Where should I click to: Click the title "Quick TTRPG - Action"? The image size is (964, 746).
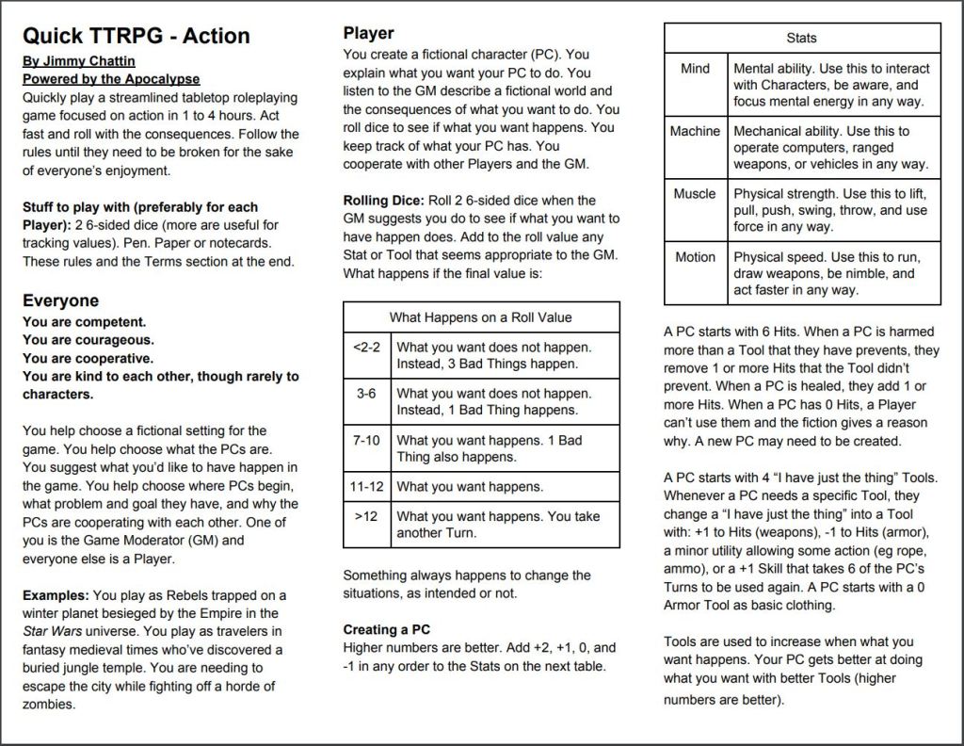click(x=137, y=36)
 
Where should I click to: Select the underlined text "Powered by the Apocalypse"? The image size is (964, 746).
click(x=111, y=79)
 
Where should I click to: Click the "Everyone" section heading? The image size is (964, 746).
click(x=60, y=300)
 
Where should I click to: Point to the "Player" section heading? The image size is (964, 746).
click(x=368, y=34)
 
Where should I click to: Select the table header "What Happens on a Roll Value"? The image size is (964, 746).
click(x=480, y=317)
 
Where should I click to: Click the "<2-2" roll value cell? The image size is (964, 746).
click(x=366, y=347)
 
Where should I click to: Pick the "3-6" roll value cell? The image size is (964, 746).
click(x=366, y=393)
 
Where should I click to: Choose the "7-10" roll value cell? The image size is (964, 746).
click(x=366, y=440)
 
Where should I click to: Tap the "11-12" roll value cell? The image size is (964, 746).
click(x=366, y=486)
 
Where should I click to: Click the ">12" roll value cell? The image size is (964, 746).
click(x=366, y=516)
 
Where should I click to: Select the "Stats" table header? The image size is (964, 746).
click(x=801, y=39)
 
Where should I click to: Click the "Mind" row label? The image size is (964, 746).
click(x=695, y=68)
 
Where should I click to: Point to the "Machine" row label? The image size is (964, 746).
click(x=695, y=131)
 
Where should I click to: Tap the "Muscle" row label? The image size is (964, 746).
click(x=695, y=194)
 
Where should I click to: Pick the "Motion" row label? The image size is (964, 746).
click(x=695, y=257)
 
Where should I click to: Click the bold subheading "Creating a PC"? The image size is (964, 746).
click(x=387, y=629)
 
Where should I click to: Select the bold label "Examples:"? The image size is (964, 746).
click(x=56, y=595)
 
